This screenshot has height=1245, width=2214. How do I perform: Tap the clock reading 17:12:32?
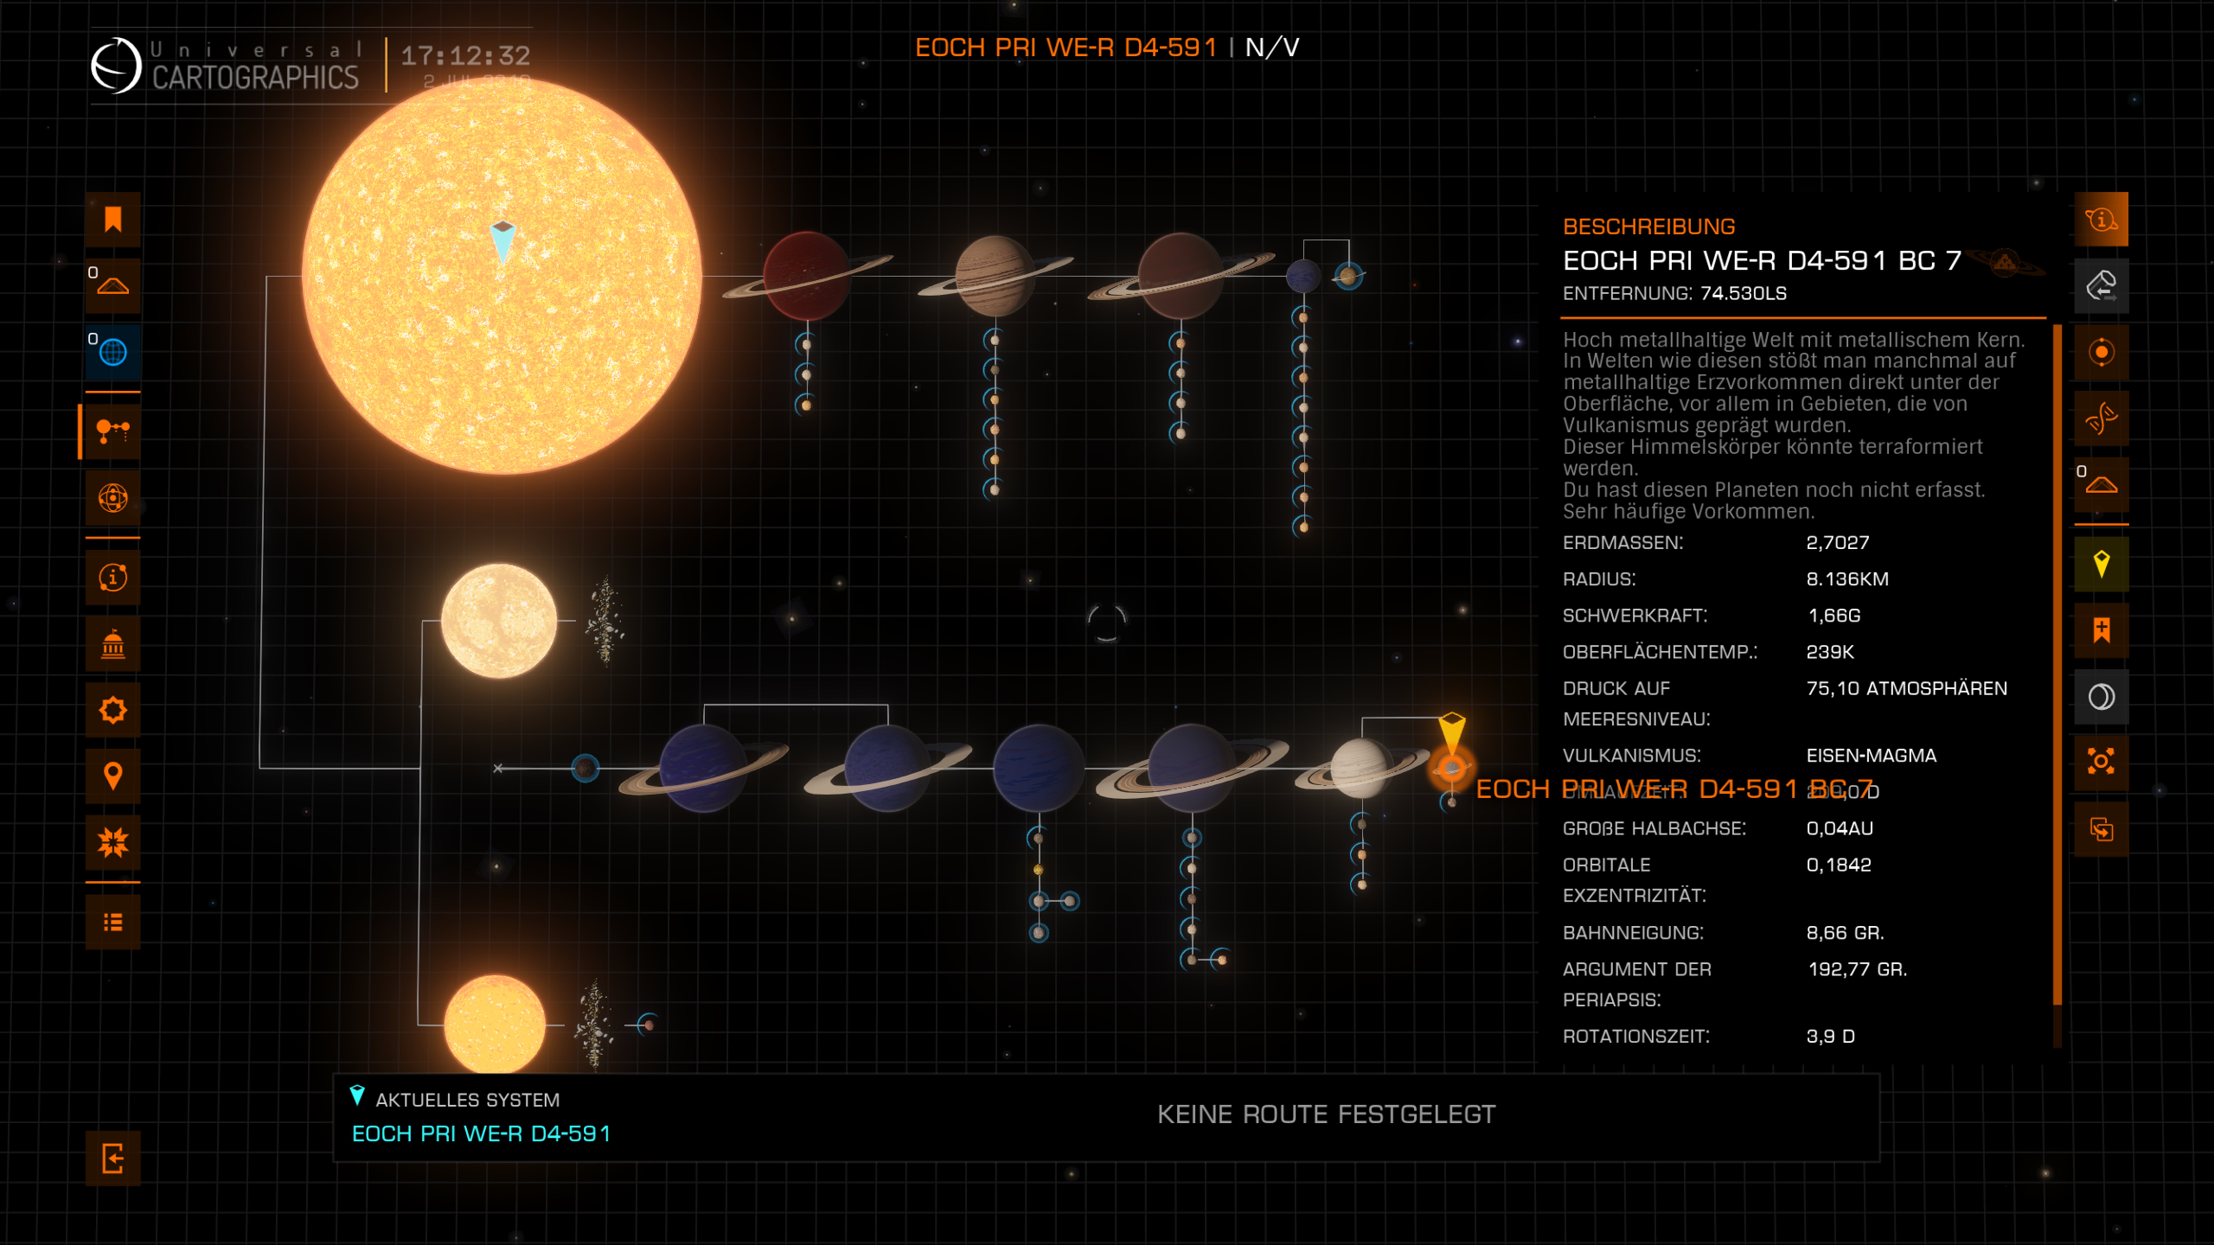tap(465, 56)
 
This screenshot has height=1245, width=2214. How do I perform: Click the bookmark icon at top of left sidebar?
tap(113, 220)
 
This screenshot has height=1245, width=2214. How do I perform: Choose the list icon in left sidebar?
tap(113, 922)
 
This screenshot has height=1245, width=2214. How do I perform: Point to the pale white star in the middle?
tap(499, 620)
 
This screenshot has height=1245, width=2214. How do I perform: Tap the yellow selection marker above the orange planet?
tap(1452, 730)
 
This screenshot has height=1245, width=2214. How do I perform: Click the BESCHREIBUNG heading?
tap(1649, 227)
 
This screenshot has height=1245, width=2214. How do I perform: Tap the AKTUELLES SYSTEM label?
tap(467, 1100)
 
